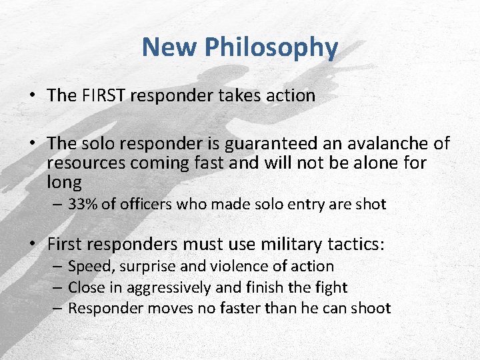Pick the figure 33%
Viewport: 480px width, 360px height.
pyautogui.click(x=83, y=204)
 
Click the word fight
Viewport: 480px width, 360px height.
pyautogui.click(x=331, y=287)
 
